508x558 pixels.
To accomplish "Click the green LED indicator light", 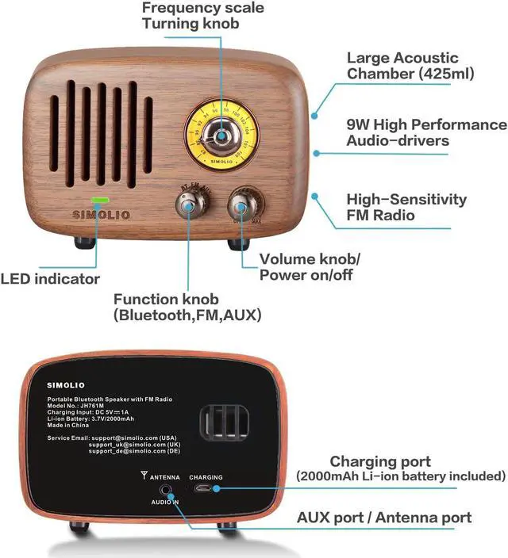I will pyautogui.click(x=101, y=201).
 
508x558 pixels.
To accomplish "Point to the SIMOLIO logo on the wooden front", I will pyautogui.click(x=102, y=215).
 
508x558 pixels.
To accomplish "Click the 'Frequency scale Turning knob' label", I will pyautogui.click(x=202, y=15).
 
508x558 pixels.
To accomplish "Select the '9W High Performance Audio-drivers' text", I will pyautogui.click(x=425, y=132).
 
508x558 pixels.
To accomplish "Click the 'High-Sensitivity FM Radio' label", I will pyautogui.click(x=406, y=207).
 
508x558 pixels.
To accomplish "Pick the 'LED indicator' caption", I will pyautogui.click(x=50, y=278).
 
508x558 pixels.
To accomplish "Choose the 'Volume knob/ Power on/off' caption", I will pyautogui.click(x=310, y=267).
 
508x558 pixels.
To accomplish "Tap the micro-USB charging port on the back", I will pyautogui.click(x=206, y=489).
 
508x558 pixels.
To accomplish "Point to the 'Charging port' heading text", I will pyautogui.click(x=380, y=461).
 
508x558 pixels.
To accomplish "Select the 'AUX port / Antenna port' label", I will pyautogui.click(x=384, y=518).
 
